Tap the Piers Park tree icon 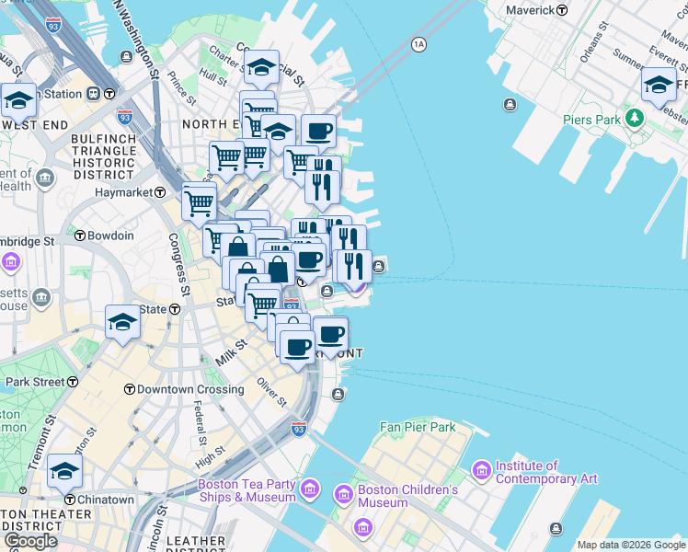click(x=634, y=119)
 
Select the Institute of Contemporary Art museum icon click(x=481, y=470)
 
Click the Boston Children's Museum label click(x=407, y=496)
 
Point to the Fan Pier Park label click(x=419, y=428)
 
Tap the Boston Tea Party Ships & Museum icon click(x=310, y=486)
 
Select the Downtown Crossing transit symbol click(x=130, y=389)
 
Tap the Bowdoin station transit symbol click(x=80, y=236)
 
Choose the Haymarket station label click(x=124, y=192)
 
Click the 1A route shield click(x=419, y=44)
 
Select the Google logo click(x=30, y=541)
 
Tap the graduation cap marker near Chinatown click(x=64, y=471)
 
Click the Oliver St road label click(x=272, y=390)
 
